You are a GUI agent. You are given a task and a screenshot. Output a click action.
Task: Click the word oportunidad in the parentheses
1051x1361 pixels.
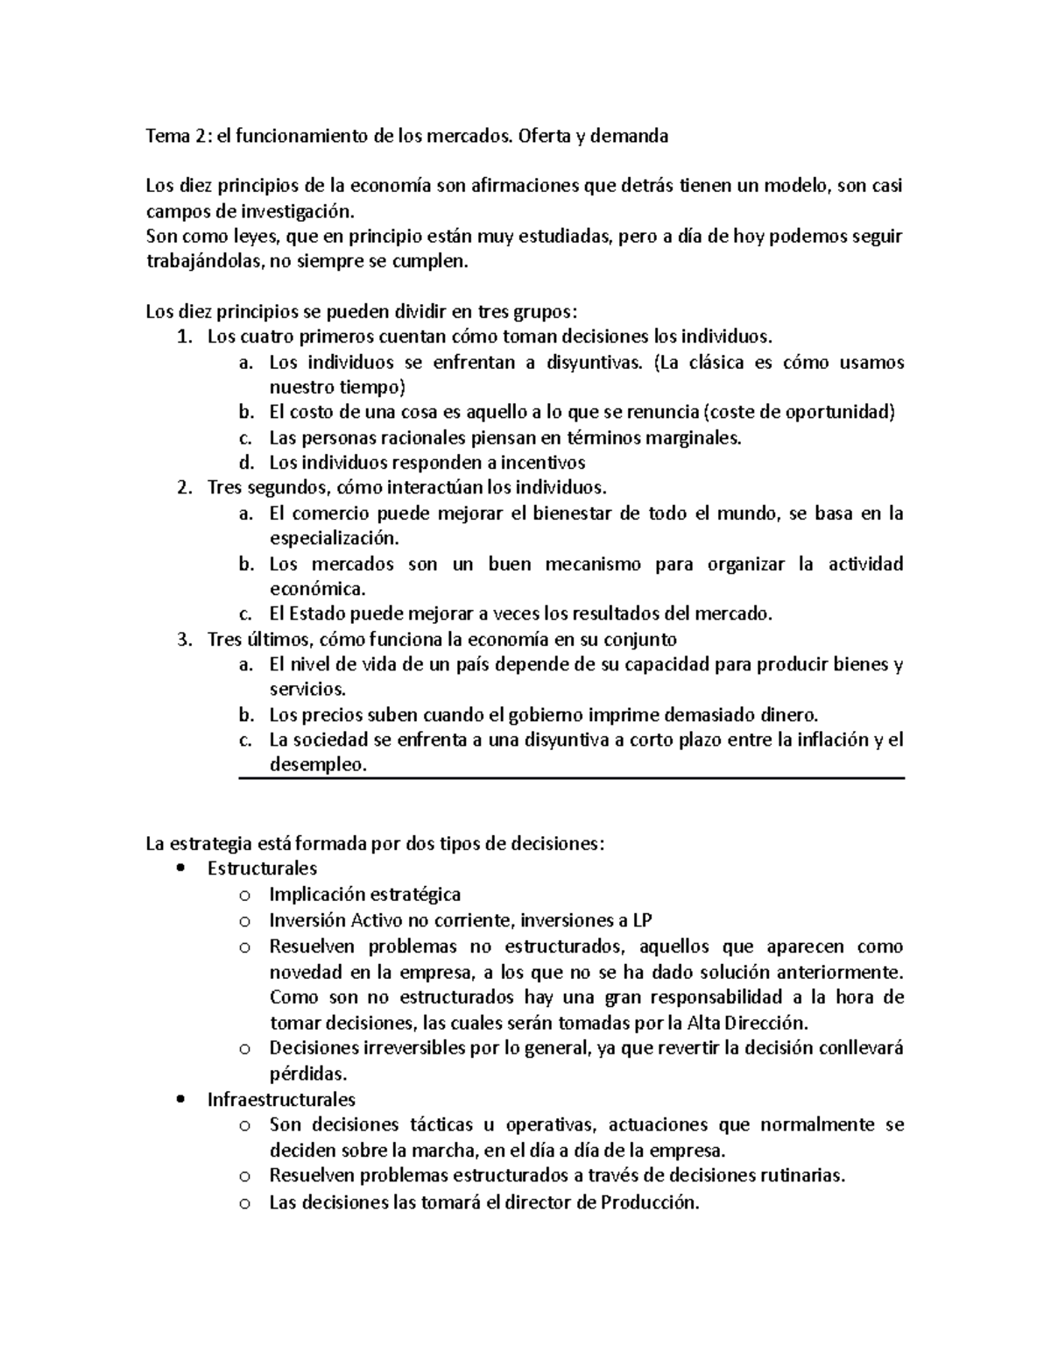pyautogui.click(x=843, y=413)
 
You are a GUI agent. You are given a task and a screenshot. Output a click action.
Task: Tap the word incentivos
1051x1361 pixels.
pyautogui.click(x=542, y=463)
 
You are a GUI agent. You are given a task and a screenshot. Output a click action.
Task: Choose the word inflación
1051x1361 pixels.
pyautogui.click(x=833, y=740)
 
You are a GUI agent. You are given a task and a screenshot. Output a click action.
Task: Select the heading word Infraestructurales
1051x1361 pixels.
pyautogui.click(x=281, y=1099)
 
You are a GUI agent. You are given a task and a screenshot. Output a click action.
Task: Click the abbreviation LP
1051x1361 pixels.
pyautogui.click(x=641, y=920)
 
